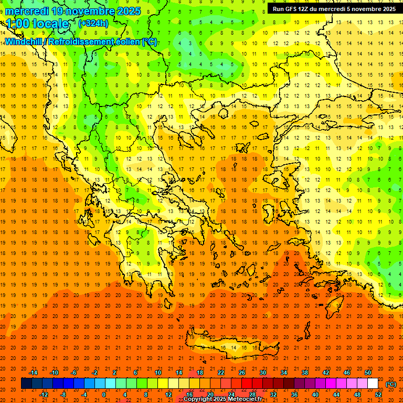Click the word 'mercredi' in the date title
(27, 11)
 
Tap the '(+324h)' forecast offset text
(93, 23)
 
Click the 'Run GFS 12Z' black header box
(334, 9)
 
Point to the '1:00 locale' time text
(38, 24)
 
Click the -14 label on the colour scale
(34, 372)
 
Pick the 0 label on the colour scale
(104, 395)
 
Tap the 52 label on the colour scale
(378, 395)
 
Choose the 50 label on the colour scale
(368, 372)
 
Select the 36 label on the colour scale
(294, 395)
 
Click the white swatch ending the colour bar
(373, 384)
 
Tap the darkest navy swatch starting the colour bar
(26, 384)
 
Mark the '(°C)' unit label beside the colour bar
(391, 384)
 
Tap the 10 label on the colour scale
(157, 372)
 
